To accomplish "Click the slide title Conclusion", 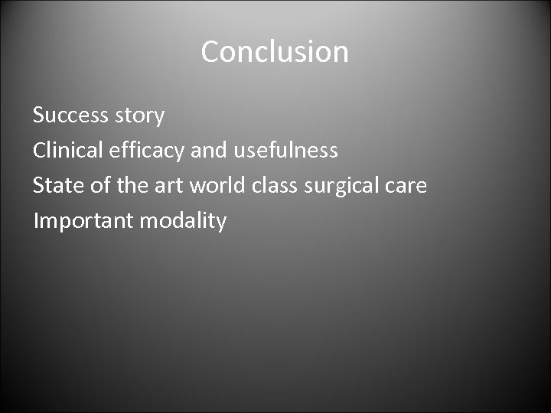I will click(275, 52).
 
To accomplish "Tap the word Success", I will click(70, 116).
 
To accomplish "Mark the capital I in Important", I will click(36, 221).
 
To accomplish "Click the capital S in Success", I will click(39, 116).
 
